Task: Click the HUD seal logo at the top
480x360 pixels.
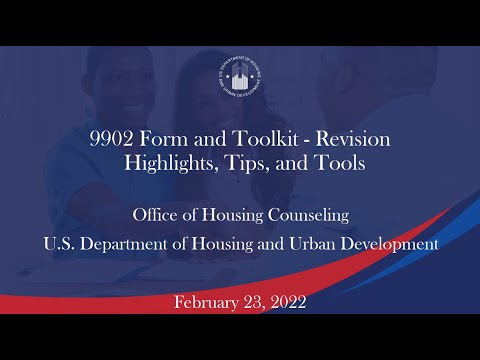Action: [240, 81]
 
